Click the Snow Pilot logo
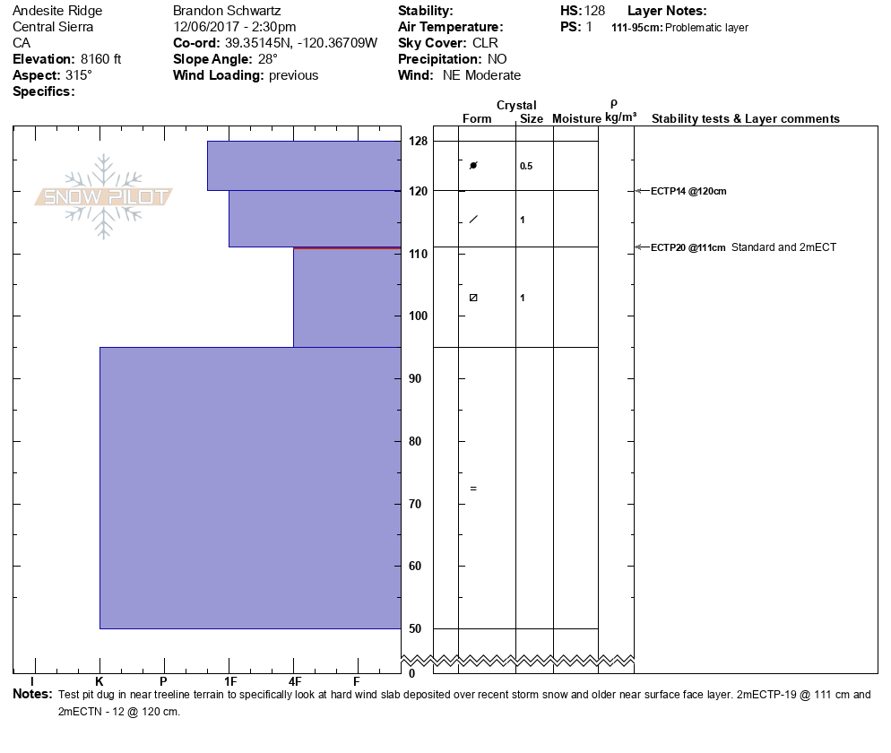pyautogui.click(x=104, y=197)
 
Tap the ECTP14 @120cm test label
pyautogui.click(x=688, y=191)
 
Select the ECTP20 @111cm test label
pyautogui.click(x=688, y=247)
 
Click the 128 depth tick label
pyautogui.click(x=418, y=142)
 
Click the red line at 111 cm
pyautogui.click(x=347, y=247)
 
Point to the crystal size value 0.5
pyautogui.click(x=526, y=166)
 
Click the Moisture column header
pyautogui.click(x=576, y=119)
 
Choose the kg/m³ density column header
pyautogui.click(x=620, y=117)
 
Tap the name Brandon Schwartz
pyautogui.click(x=228, y=11)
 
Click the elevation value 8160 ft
pyautogui.click(x=101, y=59)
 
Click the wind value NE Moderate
pyautogui.click(x=481, y=75)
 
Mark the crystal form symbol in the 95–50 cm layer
pyautogui.click(x=473, y=489)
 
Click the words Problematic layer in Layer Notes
pyautogui.click(x=706, y=28)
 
